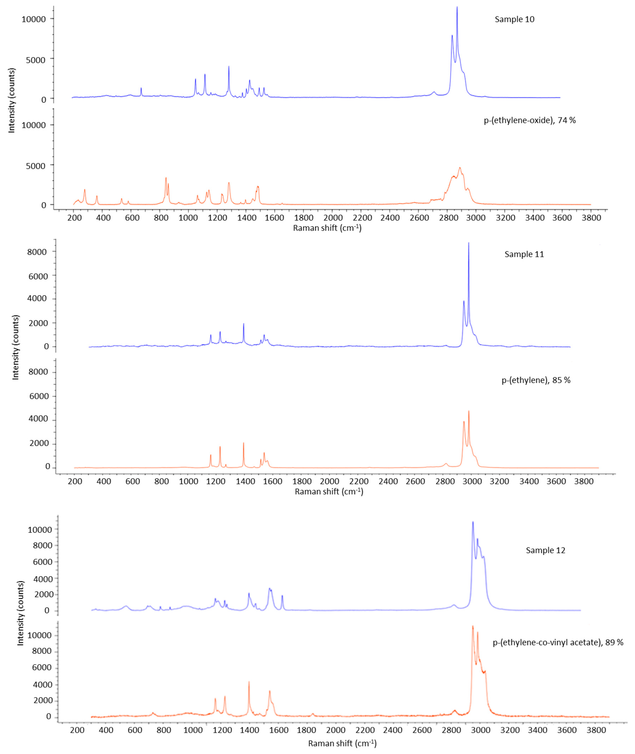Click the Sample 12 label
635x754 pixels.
pos(545,550)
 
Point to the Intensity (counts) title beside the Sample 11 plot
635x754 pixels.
pos(15,347)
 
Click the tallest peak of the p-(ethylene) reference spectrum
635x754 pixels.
pos(469,411)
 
